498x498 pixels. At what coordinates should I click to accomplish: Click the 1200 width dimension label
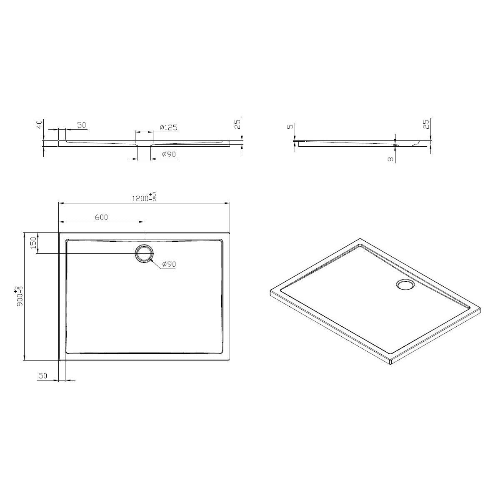[x=140, y=199]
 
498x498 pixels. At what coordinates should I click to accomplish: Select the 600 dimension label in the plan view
[x=101, y=217]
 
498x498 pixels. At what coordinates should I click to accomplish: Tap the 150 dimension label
[x=33, y=243]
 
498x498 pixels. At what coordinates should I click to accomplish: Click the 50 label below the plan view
[x=43, y=376]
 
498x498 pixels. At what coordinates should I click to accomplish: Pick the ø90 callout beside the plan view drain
[x=169, y=264]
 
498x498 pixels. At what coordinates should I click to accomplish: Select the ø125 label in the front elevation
[x=168, y=128]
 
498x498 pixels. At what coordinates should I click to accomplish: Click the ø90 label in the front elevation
[x=169, y=154]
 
